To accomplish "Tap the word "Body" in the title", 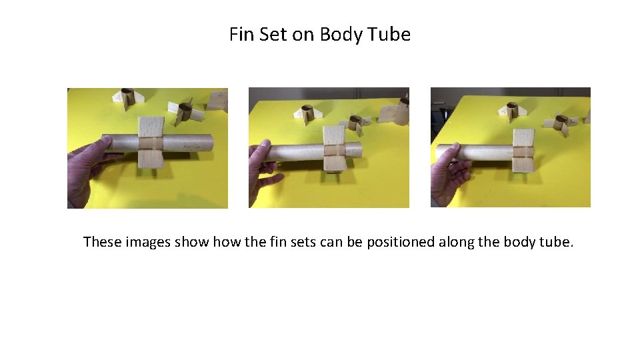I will coord(341,34).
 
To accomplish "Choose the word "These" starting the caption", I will coord(101,241).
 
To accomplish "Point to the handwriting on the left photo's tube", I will coord(191,142).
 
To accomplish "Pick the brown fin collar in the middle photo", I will coord(333,149).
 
